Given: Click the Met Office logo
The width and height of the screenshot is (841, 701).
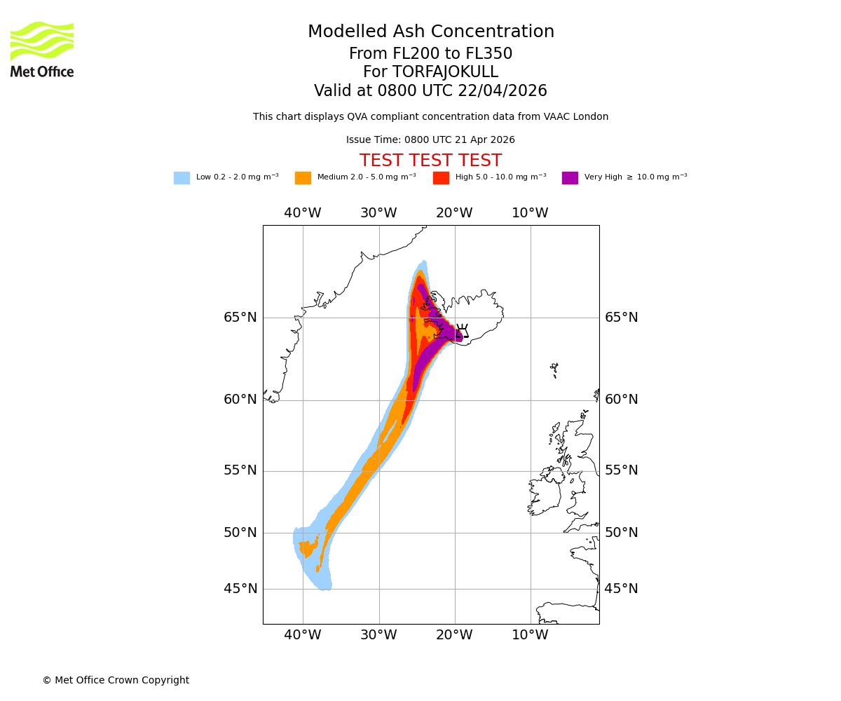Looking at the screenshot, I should click(42, 49).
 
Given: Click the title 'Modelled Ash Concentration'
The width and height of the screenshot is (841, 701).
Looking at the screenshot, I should click(430, 32).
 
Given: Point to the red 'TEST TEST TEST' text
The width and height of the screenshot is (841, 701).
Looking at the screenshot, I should click(430, 161).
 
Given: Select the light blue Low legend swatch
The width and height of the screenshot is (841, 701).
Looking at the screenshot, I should click(182, 178).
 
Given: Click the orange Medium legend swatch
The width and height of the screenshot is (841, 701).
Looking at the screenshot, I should click(303, 178).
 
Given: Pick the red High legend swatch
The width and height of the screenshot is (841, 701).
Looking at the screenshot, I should click(441, 178).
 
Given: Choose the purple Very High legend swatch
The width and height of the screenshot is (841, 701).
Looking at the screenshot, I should click(570, 178).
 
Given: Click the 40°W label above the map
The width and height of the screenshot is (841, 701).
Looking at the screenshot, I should click(303, 213).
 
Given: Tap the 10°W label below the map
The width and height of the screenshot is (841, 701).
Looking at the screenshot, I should click(530, 636).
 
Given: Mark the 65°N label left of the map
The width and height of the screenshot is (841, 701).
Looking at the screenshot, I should click(240, 318).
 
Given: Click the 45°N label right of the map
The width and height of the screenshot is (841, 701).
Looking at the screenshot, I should click(621, 589).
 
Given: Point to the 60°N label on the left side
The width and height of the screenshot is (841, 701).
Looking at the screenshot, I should click(240, 400).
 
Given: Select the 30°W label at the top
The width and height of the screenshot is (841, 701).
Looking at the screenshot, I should click(378, 213).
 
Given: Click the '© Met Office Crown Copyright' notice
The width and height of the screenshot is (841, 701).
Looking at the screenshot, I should click(116, 681).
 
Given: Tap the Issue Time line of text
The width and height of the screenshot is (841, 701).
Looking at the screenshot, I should click(430, 140).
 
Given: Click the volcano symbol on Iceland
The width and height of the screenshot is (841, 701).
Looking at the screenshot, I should click(462, 331).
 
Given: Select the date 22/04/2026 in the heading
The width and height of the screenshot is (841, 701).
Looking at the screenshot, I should click(502, 91).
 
